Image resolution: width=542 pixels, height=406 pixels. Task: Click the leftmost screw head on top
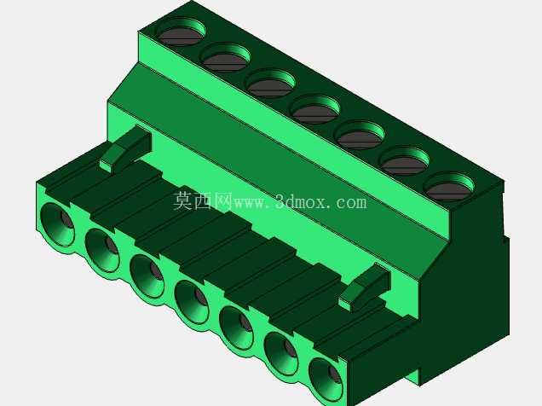pos(180,36)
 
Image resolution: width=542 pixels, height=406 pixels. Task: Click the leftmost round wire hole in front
pos(57,225)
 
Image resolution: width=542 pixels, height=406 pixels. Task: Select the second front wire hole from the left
pos(102,251)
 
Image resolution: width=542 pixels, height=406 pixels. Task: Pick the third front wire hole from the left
pos(147,276)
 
